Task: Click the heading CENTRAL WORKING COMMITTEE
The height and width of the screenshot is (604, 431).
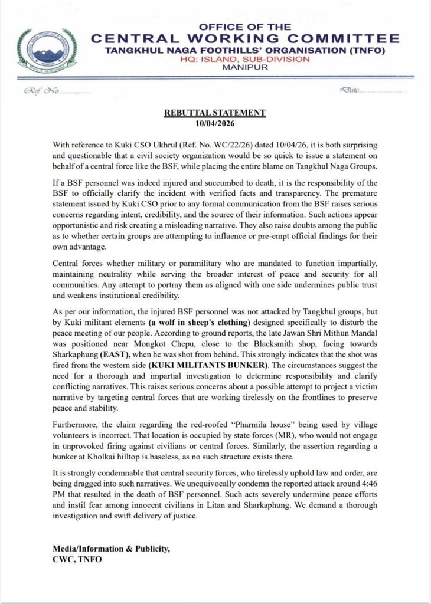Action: [244, 39]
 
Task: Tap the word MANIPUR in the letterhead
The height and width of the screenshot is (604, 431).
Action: [244, 68]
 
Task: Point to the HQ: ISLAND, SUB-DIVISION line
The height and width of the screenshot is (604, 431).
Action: [244, 59]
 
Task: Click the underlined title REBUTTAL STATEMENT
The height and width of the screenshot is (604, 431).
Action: [214, 113]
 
